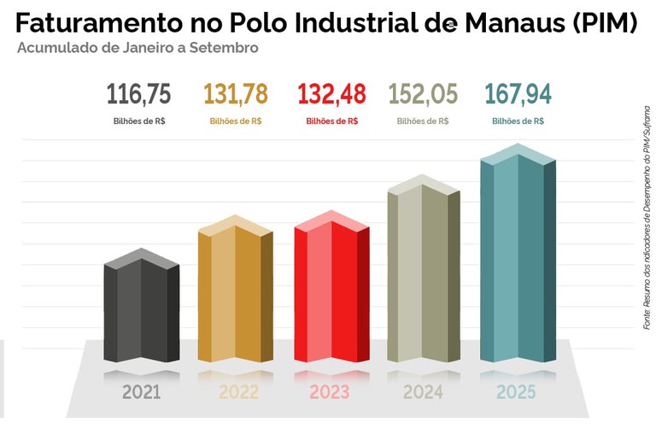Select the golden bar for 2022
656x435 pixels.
[x=235, y=294]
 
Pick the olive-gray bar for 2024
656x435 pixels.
[x=424, y=273]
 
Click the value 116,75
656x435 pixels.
[x=139, y=93]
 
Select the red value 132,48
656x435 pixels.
[x=331, y=93]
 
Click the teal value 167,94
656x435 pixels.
[x=518, y=93]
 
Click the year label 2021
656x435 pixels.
[x=141, y=393]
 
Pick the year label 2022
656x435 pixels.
[x=238, y=393]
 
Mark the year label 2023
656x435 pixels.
[x=330, y=393]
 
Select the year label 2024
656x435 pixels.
[x=423, y=393]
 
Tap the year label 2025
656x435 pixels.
[x=516, y=393]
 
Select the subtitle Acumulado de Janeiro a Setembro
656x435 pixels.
[x=138, y=48]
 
